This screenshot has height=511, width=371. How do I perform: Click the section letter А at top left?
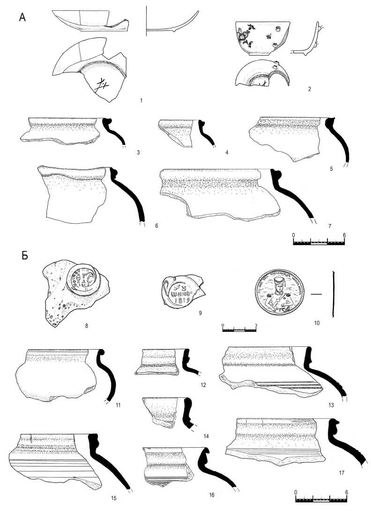pyautogui.click(x=22, y=18)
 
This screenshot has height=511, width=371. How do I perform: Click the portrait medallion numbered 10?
pyautogui.click(x=279, y=295)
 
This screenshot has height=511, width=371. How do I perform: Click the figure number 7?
pyautogui.click(x=330, y=226)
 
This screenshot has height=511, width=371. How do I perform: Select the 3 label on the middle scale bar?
pyautogui.click(x=256, y=324)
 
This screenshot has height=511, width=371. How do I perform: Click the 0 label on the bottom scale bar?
pyautogui.click(x=296, y=492)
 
